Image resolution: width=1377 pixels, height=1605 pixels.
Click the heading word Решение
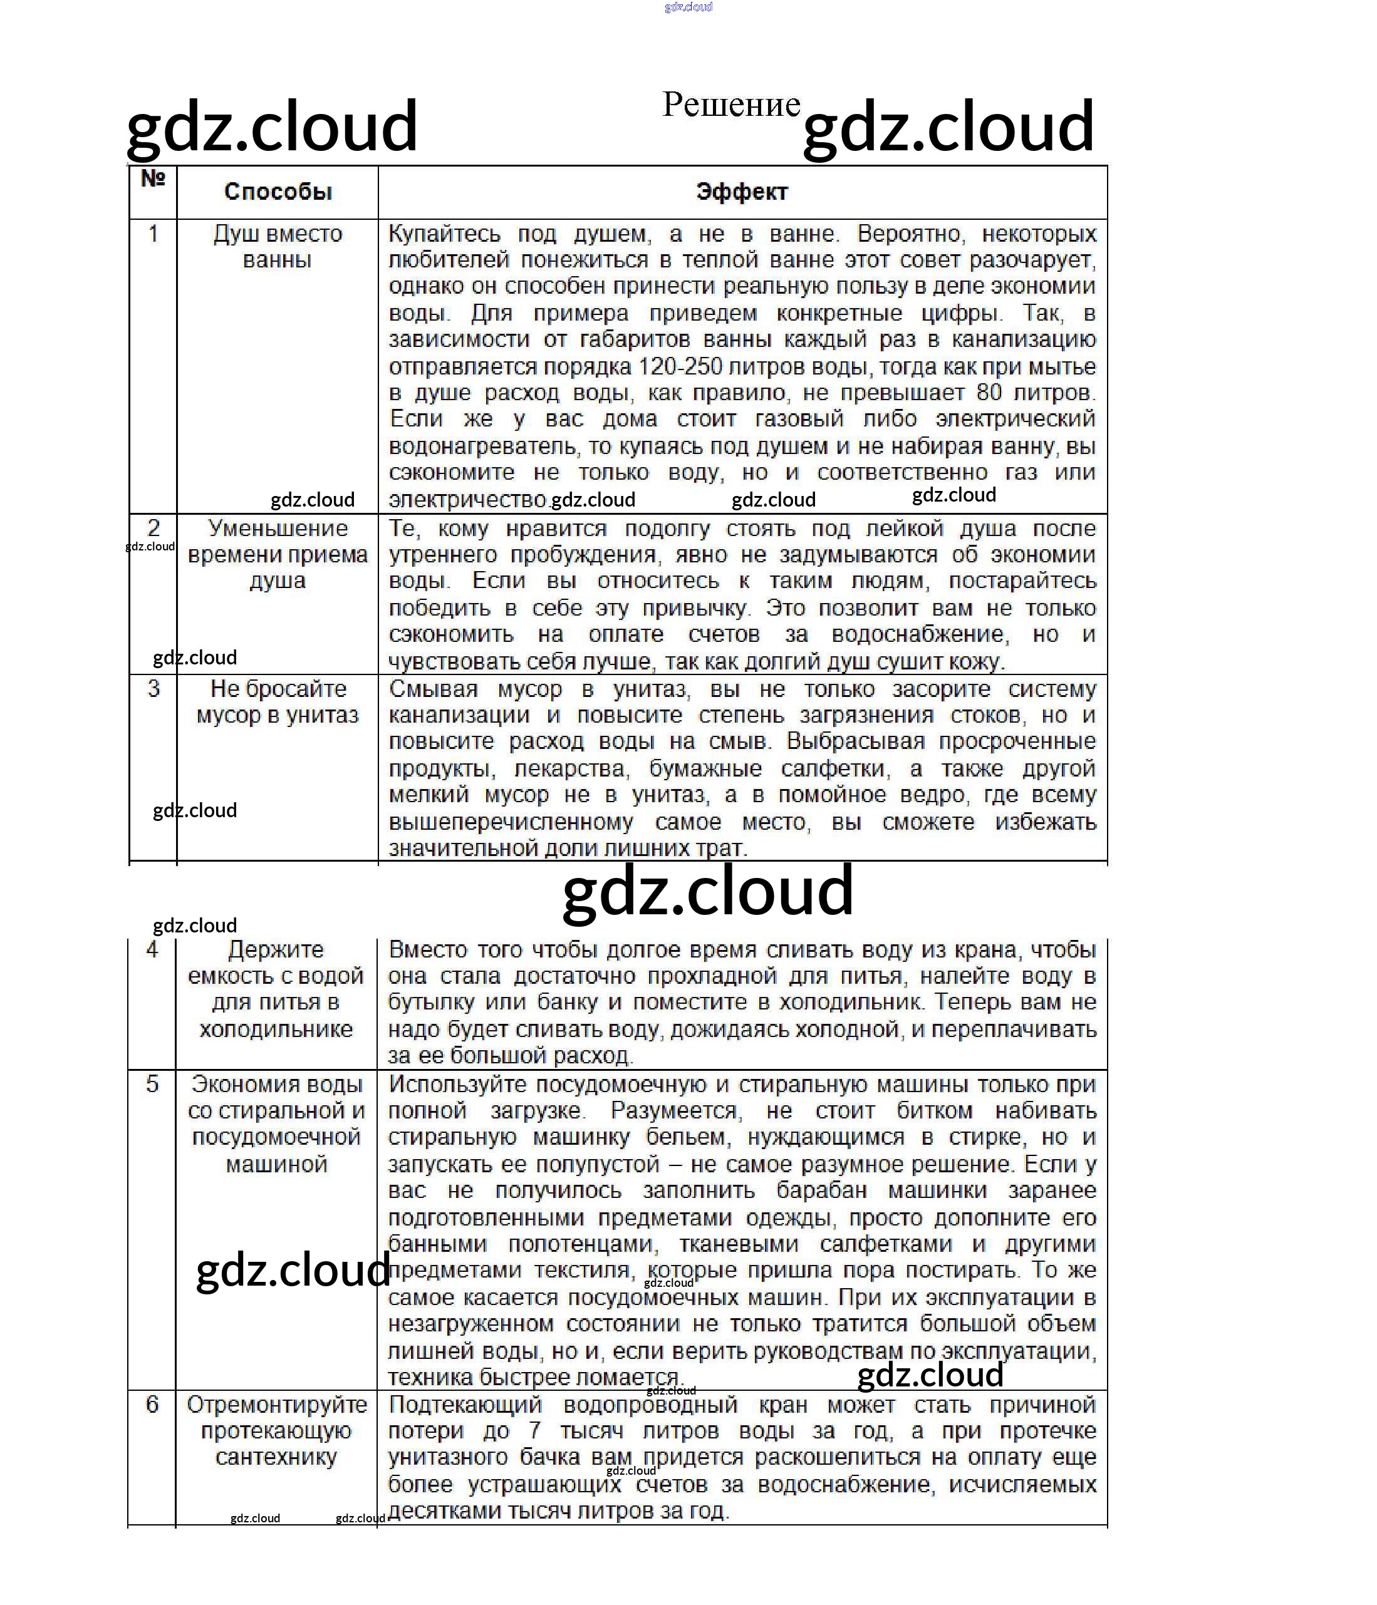730,105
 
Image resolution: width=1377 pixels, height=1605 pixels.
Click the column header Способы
278,192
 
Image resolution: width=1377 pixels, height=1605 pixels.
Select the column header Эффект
742,192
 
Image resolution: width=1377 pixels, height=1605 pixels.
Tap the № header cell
153,179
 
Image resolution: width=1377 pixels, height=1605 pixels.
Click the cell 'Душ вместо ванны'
278,246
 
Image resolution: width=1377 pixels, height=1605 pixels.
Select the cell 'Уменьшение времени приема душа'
278,555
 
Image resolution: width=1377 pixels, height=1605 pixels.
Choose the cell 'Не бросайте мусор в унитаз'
278,702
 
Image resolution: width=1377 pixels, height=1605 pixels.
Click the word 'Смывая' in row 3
433,689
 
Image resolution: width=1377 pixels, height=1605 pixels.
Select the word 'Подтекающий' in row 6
465,1405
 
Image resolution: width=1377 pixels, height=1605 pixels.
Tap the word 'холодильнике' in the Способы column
276,1030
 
